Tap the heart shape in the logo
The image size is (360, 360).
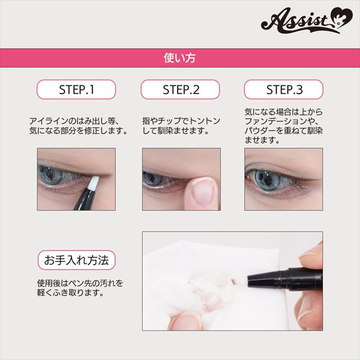(x=341, y=18)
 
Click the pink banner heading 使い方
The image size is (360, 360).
(x=180, y=58)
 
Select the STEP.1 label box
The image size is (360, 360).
(x=76, y=89)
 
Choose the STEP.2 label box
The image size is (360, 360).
(x=180, y=89)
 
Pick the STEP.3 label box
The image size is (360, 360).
(x=284, y=89)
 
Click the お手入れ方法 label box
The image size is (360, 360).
(x=76, y=260)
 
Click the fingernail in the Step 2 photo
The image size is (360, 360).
(x=203, y=193)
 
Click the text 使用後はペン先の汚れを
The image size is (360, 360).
(x=80, y=283)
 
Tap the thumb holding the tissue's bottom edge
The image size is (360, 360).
(x=184, y=320)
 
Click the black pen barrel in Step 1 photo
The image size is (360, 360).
(x=85, y=199)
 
